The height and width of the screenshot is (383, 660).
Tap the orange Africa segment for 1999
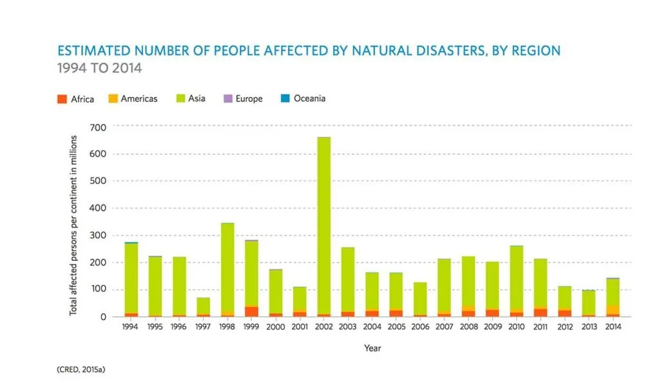(251, 311)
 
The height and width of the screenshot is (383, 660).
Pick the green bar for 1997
(203, 306)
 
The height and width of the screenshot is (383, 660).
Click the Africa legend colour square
(62, 99)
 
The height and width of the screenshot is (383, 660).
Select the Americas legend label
(139, 99)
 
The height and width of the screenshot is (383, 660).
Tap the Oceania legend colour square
(284, 99)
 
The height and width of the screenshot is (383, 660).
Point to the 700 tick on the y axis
(97, 127)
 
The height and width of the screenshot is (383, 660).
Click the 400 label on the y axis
(97, 208)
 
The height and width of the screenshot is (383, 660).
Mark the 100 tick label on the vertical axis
(97, 290)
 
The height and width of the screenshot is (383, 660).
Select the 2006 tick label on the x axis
(420, 327)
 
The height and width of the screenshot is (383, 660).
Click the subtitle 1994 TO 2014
(99, 67)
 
